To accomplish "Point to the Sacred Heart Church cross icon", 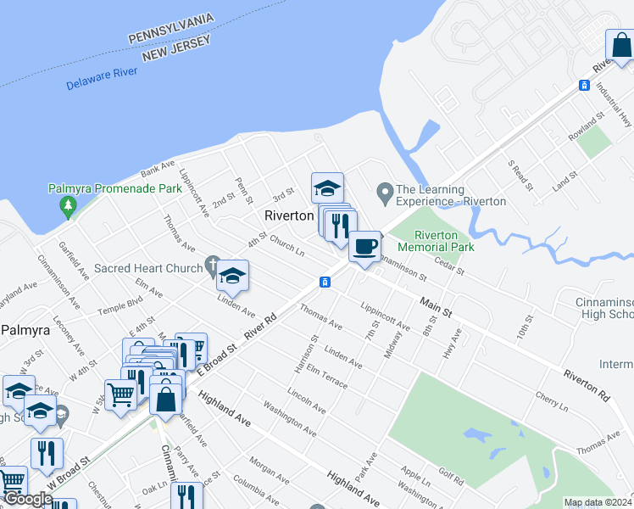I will point(213,268).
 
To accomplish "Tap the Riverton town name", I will point(289,215).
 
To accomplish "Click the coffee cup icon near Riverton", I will point(364,247).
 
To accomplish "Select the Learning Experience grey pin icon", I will point(384,195).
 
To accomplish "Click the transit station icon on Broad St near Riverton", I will point(325,281).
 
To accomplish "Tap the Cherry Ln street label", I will point(551,401).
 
